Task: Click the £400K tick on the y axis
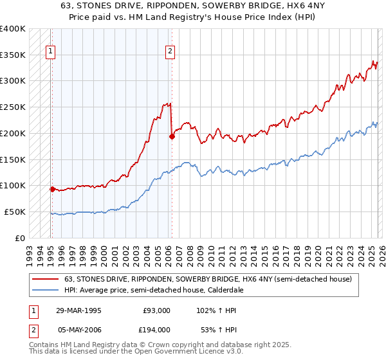13,29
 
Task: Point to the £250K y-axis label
13,107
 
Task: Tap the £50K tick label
15,212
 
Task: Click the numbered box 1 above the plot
50,53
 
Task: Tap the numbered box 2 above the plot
170,53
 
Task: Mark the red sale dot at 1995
52,189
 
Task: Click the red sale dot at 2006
172,136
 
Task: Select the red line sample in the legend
45,280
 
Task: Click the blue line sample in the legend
45,291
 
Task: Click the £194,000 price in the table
156,329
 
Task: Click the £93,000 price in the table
156,310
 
